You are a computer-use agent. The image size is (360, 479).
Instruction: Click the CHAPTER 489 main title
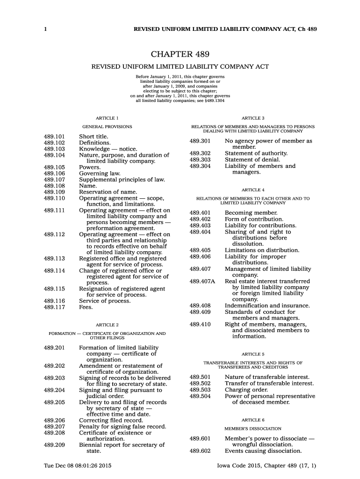coord(180,55)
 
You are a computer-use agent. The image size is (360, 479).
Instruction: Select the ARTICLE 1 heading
coord(107,118)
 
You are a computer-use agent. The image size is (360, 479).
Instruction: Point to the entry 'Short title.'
coord(94,136)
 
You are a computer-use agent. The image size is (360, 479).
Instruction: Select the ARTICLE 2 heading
coord(107,325)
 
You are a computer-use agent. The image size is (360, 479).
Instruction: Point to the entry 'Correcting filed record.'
coord(111,420)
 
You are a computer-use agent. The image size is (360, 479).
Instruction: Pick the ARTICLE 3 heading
coord(253,118)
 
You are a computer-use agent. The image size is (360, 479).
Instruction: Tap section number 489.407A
coord(202,281)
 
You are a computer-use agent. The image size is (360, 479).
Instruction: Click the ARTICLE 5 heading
coord(253,354)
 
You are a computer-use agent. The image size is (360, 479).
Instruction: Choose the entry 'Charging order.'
coord(246,390)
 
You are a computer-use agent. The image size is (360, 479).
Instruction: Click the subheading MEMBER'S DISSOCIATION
coord(253,428)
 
